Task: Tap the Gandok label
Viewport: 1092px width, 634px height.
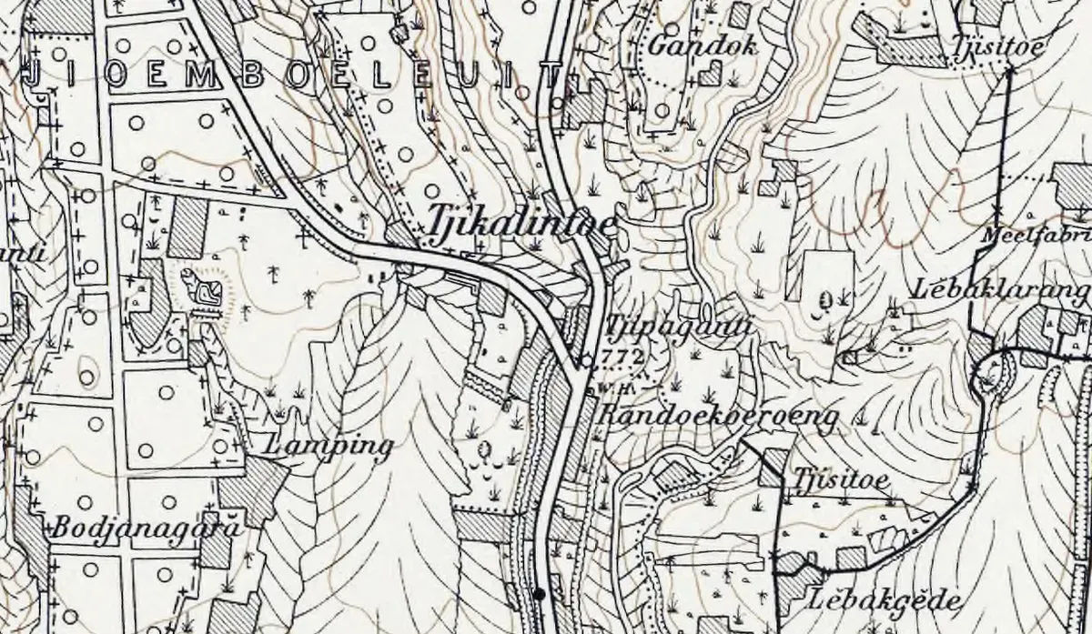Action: tap(703, 45)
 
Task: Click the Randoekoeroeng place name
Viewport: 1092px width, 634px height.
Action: tap(719, 418)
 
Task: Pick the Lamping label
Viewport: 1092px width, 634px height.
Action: tap(327, 447)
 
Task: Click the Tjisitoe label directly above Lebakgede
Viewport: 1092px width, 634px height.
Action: tap(841, 478)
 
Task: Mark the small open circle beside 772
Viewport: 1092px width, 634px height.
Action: tap(587, 361)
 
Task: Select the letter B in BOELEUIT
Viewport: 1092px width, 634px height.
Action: tap(253, 77)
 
